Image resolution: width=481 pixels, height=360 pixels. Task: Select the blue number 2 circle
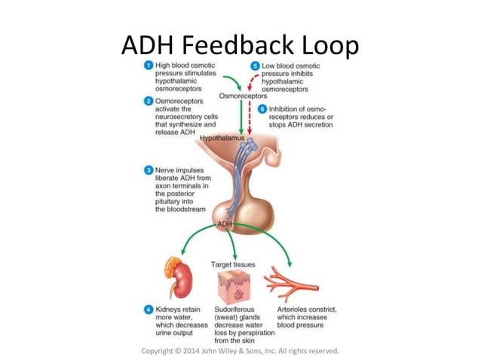pos(150,101)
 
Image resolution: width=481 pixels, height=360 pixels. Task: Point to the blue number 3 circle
pos(150,170)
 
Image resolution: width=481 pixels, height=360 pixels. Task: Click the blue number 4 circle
pos(150,310)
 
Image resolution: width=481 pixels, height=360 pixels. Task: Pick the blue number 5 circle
pos(256,66)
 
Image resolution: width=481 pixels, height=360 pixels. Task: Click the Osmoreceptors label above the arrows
pos(242,97)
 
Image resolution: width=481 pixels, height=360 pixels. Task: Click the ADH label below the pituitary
pos(225,224)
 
